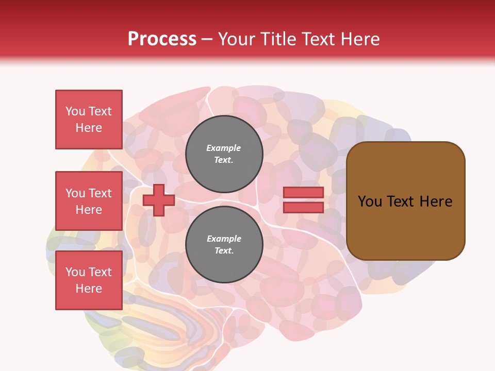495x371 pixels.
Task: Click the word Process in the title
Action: [162, 39]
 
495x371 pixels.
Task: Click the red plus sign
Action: [159, 200]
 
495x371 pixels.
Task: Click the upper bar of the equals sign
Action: [303, 192]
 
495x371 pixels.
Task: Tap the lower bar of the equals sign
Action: [303, 207]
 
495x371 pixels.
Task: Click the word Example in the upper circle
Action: [224, 148]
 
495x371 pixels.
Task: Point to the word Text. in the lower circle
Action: [224, 250]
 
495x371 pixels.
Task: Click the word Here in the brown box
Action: [436, 201]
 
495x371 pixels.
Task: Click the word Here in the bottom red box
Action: [89, 289]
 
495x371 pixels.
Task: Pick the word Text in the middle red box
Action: [100, 193]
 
